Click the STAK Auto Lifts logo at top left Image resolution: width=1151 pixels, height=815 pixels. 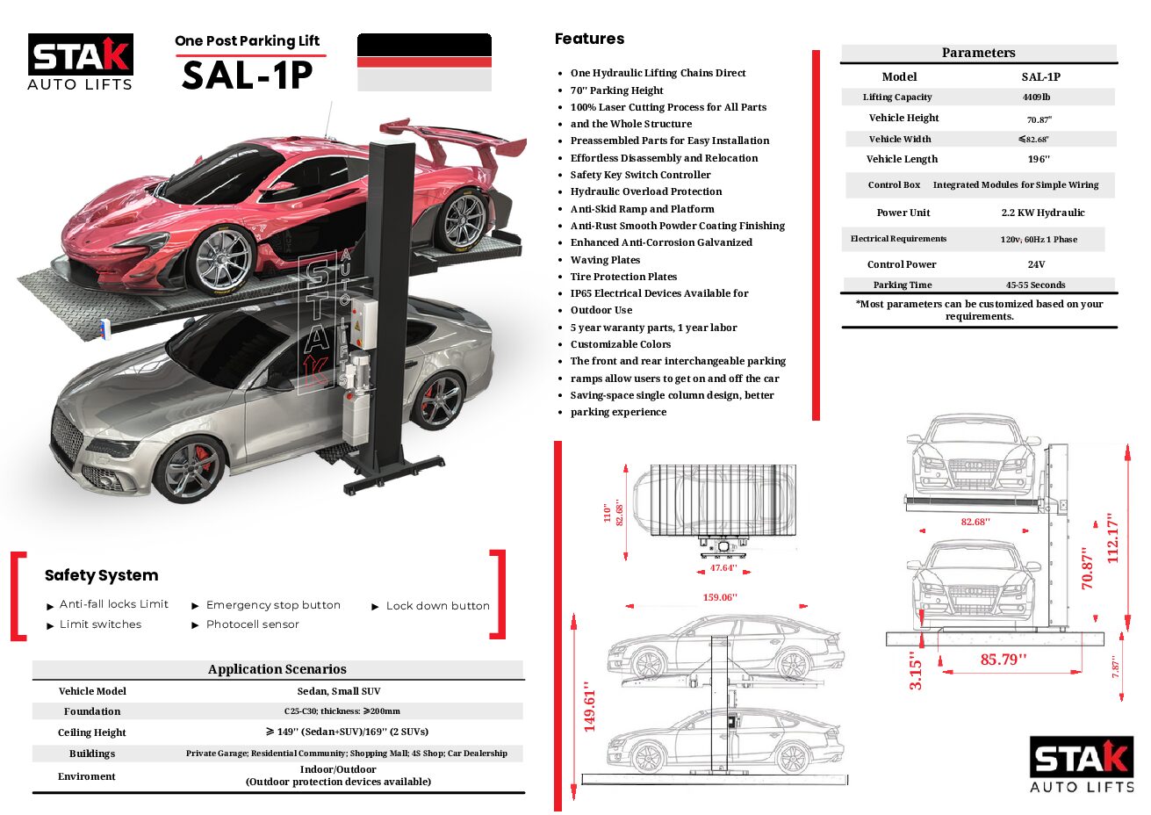click(x=81, y=62)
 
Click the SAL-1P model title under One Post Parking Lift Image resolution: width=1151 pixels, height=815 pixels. click(x=247, y=76)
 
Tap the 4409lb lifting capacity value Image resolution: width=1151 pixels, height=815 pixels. click(x=1036, y=97)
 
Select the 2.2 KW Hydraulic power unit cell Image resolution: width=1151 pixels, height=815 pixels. click(x=1042, y=213)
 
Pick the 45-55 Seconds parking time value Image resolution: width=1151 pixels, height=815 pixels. click(x=1035, y=285)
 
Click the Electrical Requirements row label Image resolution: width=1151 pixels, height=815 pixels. click(x=898, y=239)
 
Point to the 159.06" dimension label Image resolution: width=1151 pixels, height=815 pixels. click(x=719, y=597)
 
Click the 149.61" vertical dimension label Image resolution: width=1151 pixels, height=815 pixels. click(x=589, y=706)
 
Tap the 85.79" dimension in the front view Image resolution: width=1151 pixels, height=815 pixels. click(x=1003, y=660)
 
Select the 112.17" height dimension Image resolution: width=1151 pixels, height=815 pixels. click(x=1113, y=537)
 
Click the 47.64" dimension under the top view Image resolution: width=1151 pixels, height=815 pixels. click(x=723, y=568)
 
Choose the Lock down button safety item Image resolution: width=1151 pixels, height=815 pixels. click(x=437, y=606)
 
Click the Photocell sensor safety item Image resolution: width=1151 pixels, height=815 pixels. click(x=252, y=624)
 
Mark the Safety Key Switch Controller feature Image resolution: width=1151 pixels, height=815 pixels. click(x=640, y=175)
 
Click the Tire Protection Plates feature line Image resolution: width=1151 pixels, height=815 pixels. click(x=623, y=277)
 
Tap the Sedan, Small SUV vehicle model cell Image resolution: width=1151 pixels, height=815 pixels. click(x=339, y=691)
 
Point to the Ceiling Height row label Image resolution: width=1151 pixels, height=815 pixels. click(x=92, y=732)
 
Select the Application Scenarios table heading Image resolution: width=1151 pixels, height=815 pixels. click(x=277, y=669)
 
